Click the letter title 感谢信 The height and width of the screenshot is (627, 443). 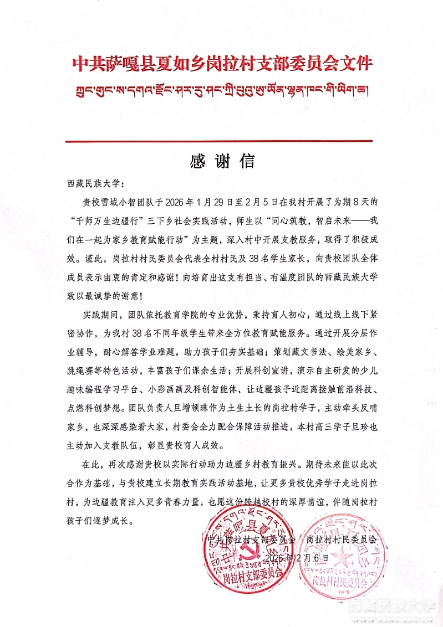(222, 161)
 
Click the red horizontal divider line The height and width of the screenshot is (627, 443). (222, 142)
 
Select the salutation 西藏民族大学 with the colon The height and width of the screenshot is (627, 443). (92, 183)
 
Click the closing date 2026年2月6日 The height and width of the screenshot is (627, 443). (296, 557)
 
